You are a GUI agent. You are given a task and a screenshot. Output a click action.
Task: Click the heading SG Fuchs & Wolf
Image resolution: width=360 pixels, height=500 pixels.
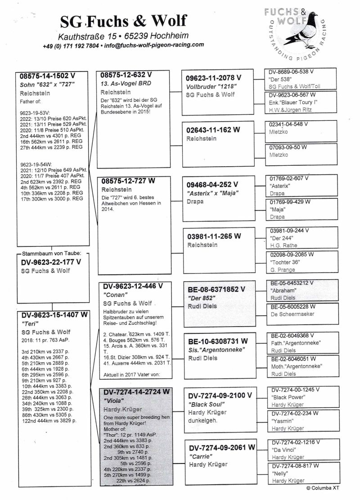click(x=123, y=21)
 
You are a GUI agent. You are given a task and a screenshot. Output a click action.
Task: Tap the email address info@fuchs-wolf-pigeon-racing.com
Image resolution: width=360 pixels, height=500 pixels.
click(x=154, y=45)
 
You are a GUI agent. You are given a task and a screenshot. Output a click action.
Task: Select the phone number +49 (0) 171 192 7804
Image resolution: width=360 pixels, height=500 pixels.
click(x=71, y=46)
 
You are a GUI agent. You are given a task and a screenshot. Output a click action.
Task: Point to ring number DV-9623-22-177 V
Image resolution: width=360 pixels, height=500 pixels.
click(x=51, y=262)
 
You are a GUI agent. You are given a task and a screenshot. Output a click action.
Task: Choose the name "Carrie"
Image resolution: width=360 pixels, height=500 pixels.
click(x=199, y=456)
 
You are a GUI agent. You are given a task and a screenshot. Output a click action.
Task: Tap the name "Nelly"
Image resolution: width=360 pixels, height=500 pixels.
click(x=279, y=473)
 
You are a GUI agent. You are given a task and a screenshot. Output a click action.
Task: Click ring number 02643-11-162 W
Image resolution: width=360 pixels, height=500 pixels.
click(x=213, y=130)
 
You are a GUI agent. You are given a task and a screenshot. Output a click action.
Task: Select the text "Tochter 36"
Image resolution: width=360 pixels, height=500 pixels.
click(x=285, y=262)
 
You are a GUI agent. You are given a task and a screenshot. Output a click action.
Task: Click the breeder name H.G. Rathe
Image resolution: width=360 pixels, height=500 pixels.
click(x=283, y=245)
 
